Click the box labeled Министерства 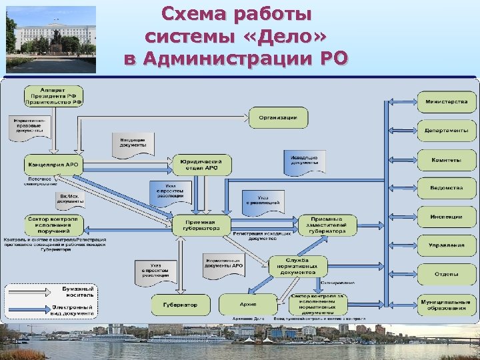447,102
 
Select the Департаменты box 447,131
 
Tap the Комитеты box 447,160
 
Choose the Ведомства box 447,188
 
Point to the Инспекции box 447,217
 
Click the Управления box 447,245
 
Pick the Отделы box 447,274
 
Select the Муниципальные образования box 447,304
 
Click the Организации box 279,118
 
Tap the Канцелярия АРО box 53,164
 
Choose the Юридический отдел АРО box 202,164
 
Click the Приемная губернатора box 201,225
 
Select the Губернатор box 180,305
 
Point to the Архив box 248,305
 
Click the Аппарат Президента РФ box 54,96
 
